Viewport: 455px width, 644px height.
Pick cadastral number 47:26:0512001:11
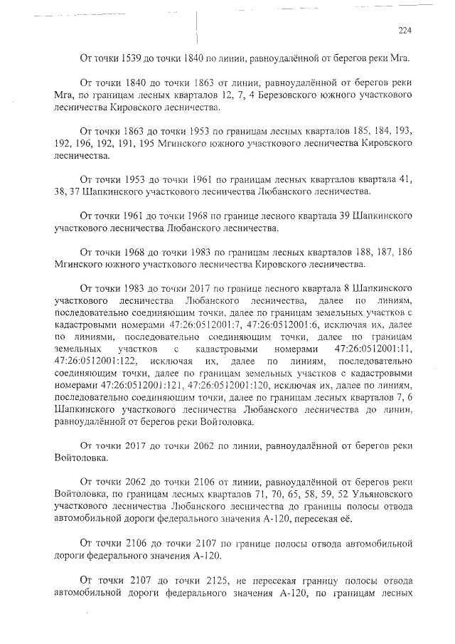373,349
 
